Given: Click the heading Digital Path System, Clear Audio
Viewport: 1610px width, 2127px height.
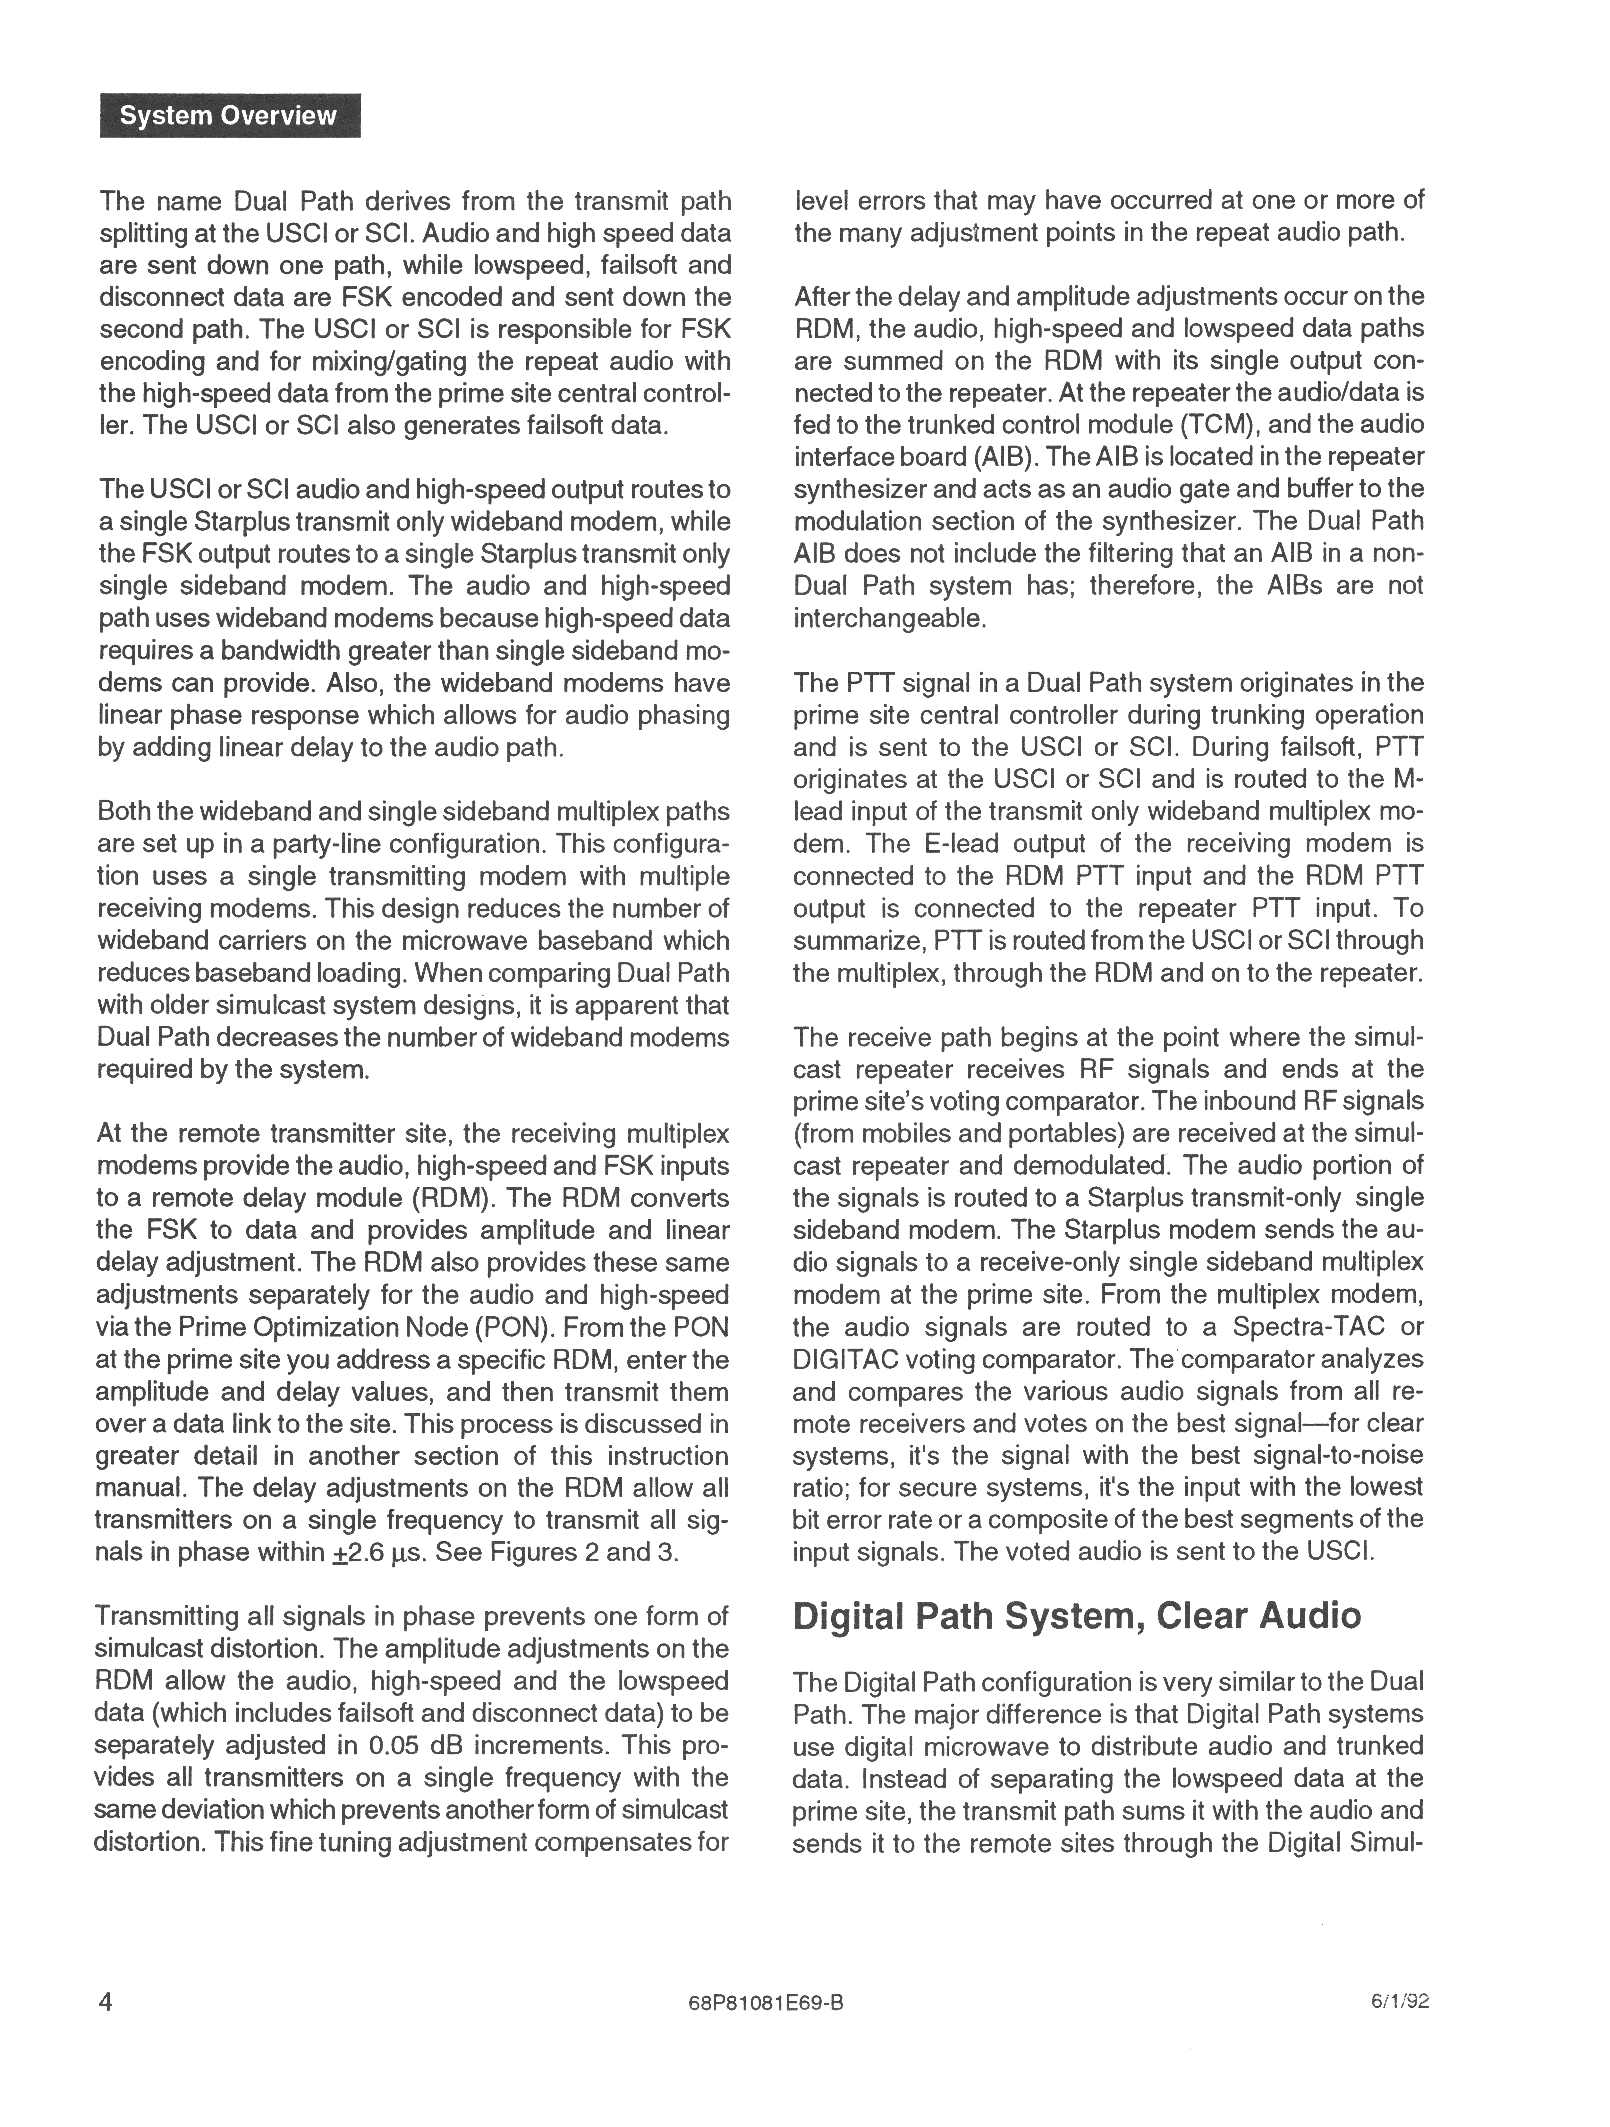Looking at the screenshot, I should (x=1076, y=1614).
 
